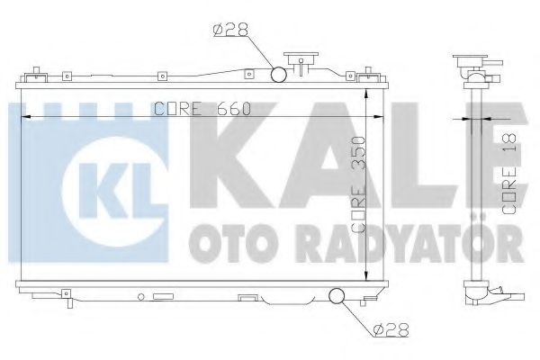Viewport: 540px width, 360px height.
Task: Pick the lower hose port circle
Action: pyautogui.click(x=337, y=295)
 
